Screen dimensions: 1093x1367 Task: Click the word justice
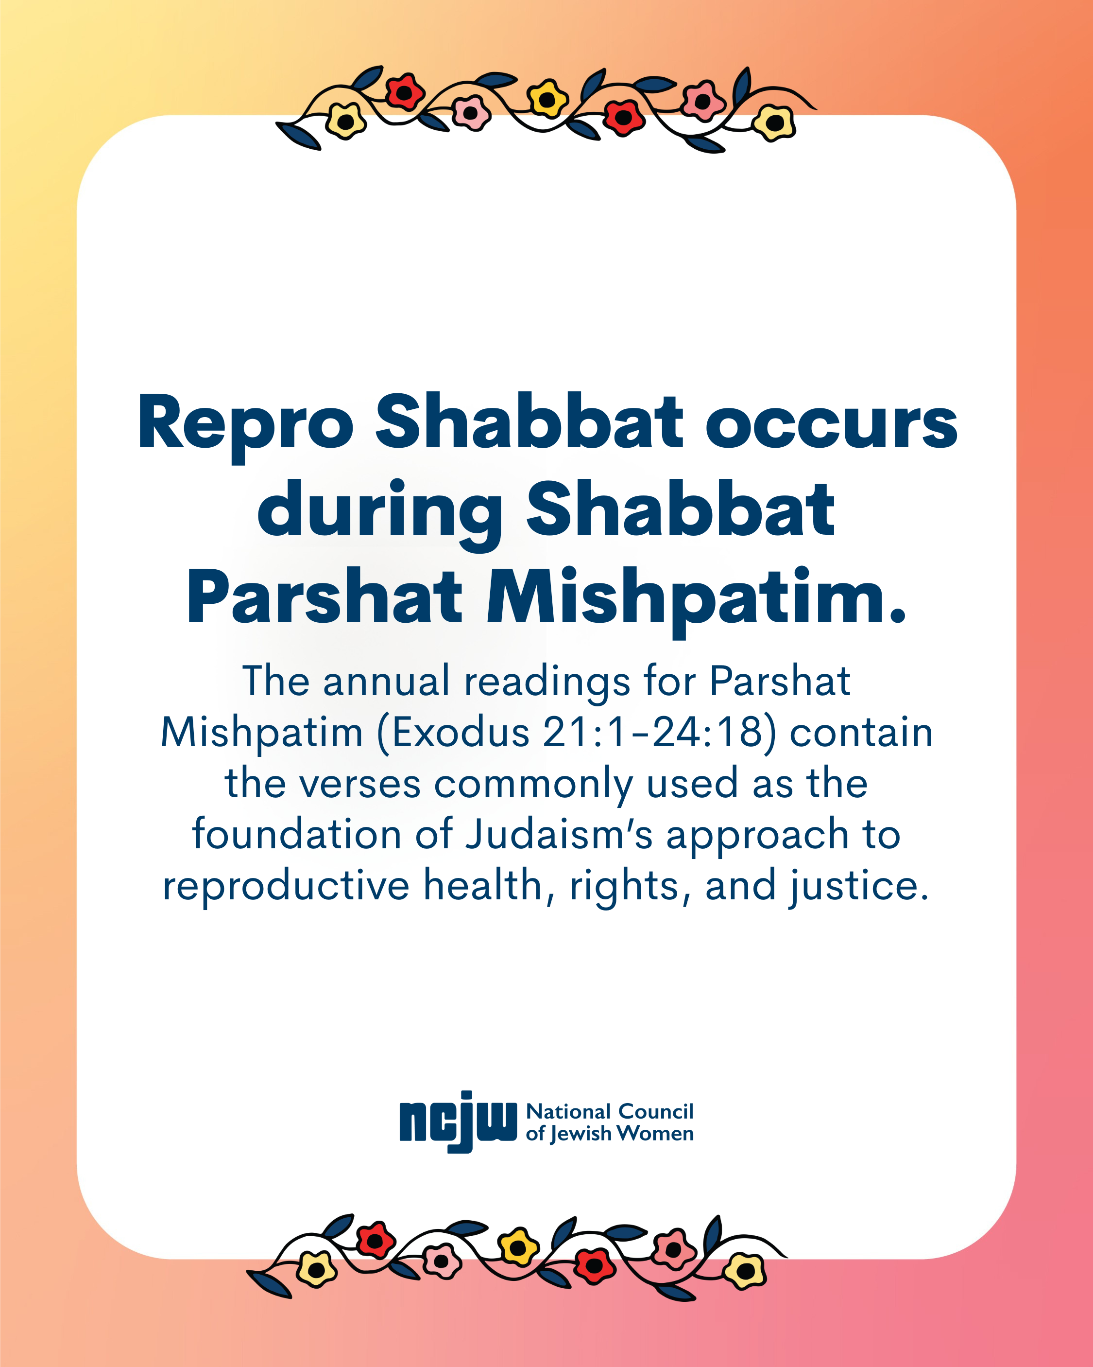pyautogui.click(x=858, y=886)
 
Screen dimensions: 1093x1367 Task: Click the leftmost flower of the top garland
pyautogui.click(x=345, y=121)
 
